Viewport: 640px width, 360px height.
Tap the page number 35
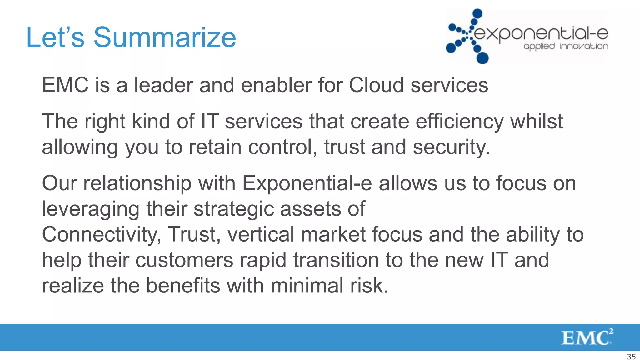coord(631,357)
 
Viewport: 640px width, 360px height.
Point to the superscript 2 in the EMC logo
coord(611,331)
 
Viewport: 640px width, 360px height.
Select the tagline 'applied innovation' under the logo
coord(566,47)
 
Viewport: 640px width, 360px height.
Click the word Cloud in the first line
coord(376,85)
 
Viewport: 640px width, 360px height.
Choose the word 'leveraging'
coord(91,209)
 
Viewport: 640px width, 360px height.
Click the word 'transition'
coord(336,260)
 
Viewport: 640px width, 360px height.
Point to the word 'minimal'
coord(307,286)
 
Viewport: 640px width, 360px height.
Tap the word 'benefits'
coord(183,286)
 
